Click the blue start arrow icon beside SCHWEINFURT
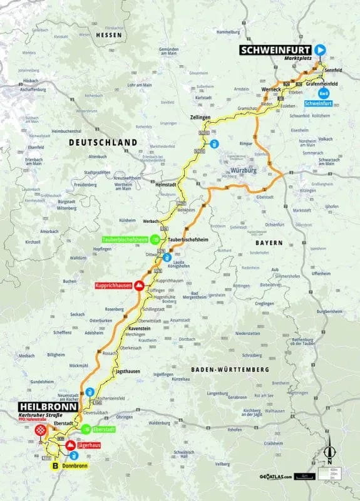321,49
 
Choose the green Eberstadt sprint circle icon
84,430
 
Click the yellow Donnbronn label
74,466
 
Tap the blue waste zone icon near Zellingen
214,144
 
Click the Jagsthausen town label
128,371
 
